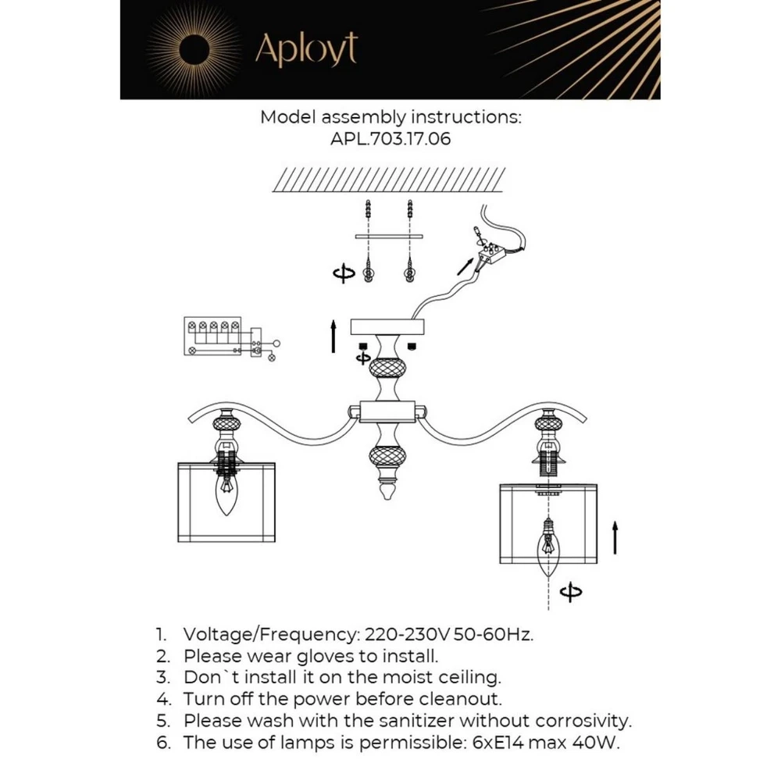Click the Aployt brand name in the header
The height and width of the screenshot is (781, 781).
pos(306,51)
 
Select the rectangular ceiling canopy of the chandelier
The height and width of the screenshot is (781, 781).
pos(387,326)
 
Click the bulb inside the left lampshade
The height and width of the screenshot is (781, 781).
pos(226,497)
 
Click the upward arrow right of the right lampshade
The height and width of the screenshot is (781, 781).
pos(615,538)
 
